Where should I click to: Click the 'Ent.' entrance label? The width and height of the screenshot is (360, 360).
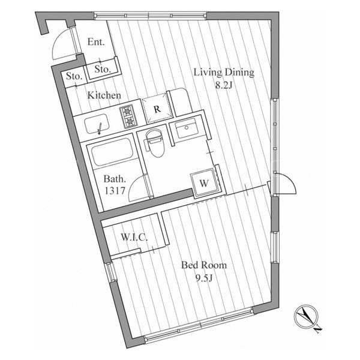pyautogui.click(x=96, y=42)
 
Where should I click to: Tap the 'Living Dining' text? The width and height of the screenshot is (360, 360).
pyautogui.click(x=224, y=73)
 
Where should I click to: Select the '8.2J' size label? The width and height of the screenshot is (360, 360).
pyautogui.click(x=224, y=85)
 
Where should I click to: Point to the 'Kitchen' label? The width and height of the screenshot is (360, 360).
pyautogui.click(x=104, y=95)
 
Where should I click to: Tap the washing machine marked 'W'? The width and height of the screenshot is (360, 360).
pyautogui.click(x=203, y=182)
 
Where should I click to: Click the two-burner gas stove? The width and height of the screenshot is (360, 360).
pyautogui.click(x=128, y=116)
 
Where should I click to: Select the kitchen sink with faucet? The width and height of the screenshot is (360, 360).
pyautogui.click(x=97, y=124)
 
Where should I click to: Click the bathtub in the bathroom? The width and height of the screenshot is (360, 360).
pyautogui.click(x=113, y=152)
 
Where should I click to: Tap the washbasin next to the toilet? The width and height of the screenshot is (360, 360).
pyautogui.click(x=187, y=128)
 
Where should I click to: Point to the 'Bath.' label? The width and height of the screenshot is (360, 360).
pyautogui.click(x=115, y=179)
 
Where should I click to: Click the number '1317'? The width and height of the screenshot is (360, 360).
pyautogui.click(x=115, y=191)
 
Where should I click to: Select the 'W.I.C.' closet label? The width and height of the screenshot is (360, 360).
pyautogui.click(x=134, y=237)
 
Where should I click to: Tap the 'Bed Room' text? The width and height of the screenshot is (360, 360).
pyautogui.click(x=204, y=265)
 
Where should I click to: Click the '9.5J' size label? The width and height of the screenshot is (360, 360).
pyautogui.click(x=204, y=278)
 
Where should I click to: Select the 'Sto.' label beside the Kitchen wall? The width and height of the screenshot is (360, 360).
pyautogui.click(x=74, y=76)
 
